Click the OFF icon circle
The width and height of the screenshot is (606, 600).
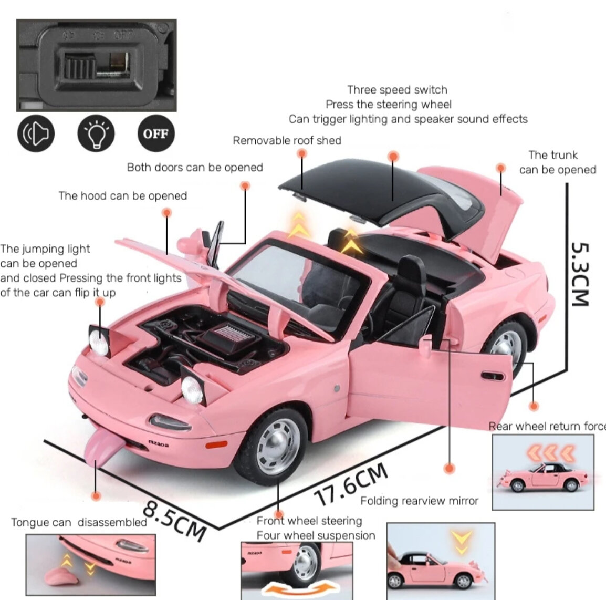click(155, 133)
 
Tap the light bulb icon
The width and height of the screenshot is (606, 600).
click(96, 133)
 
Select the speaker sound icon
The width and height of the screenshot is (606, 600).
click(36, 133)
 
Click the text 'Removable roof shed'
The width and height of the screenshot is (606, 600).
click(287, 141)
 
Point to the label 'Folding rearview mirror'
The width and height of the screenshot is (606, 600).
click(419, 501)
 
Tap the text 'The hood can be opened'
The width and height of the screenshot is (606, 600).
click(123, 196)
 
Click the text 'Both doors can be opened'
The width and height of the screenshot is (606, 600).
click(195, 168)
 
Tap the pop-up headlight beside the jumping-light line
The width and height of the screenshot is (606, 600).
click(99, 339)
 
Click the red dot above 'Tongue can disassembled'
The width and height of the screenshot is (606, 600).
click(96, 495)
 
